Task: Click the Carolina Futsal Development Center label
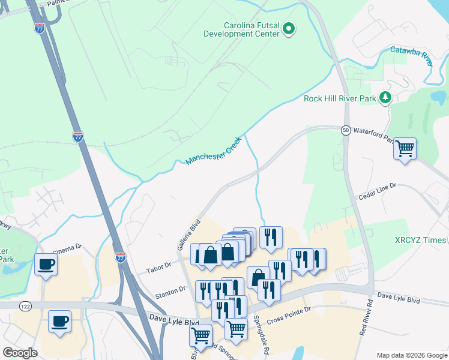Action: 252,29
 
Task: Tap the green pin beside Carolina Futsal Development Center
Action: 289,28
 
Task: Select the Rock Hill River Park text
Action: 340,98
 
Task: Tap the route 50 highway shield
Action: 346,130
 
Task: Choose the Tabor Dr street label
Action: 159,265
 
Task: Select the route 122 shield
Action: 25,306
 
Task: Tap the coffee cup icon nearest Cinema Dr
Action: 46,265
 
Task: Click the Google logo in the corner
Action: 20,353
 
